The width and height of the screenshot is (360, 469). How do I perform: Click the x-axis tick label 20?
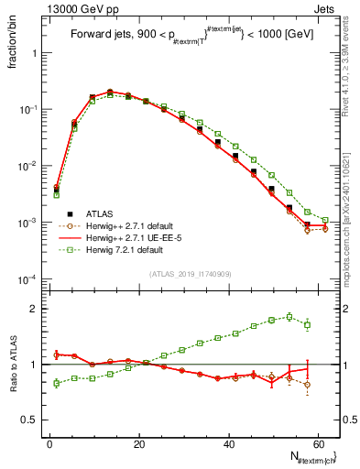pyautogui.click(x=137, y=442)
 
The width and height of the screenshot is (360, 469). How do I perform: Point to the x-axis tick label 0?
pyautogui.click(x=49, y=442)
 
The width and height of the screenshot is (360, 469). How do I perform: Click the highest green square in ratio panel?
pyautogui.click(x=289, y=317)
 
